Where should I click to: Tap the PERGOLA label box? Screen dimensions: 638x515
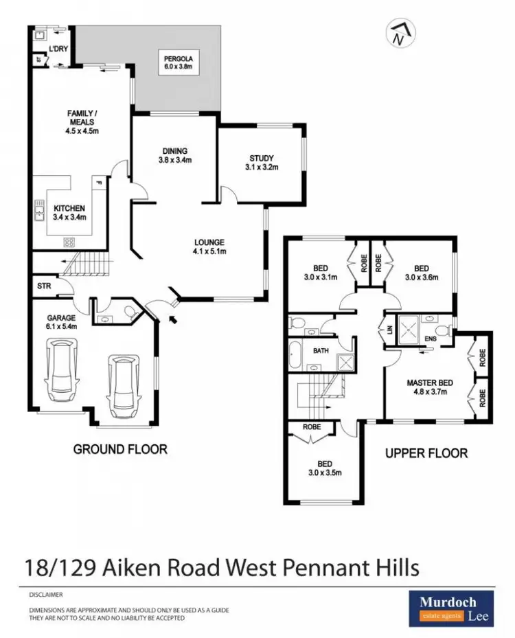coord(179,63)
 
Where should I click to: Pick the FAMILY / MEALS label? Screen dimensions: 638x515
coord(80,122)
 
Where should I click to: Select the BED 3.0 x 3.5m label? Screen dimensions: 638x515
coord(325,467)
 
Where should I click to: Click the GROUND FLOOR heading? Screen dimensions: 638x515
coord(120,449)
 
